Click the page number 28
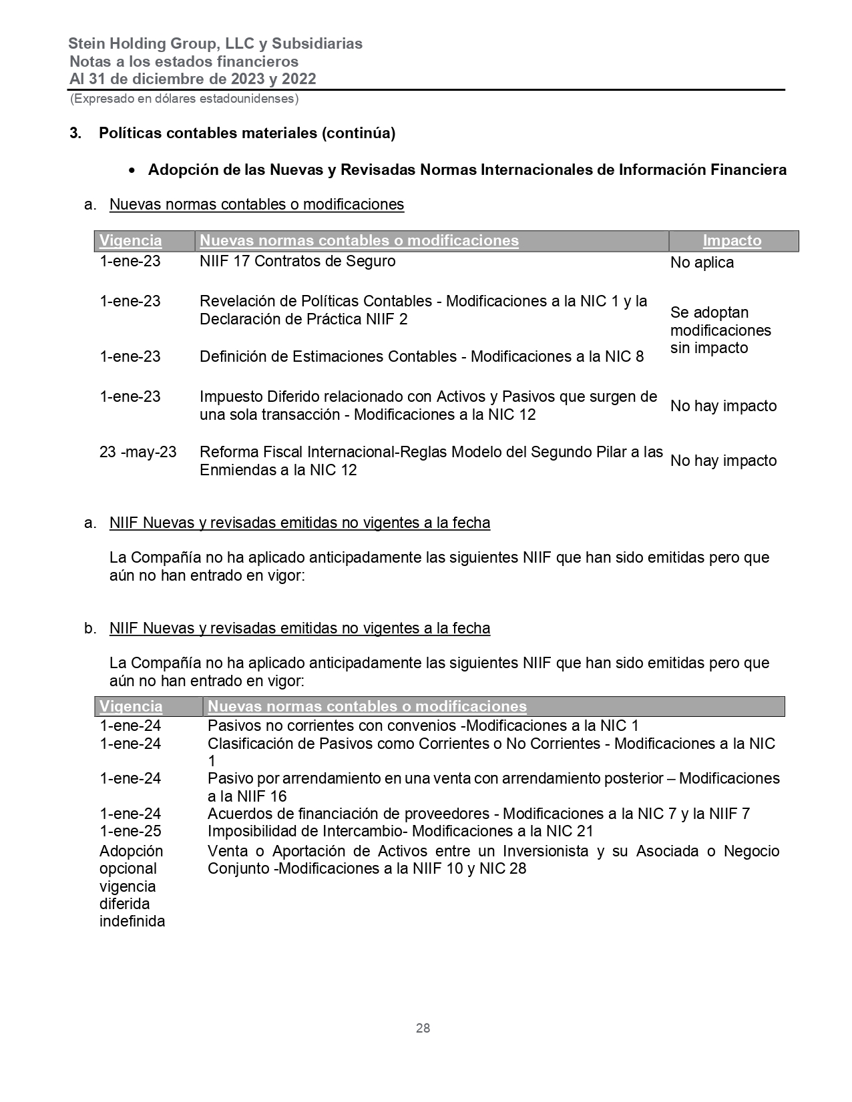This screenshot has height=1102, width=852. click(x=423, y=1028)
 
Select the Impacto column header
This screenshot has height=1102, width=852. click(x=732, y=241)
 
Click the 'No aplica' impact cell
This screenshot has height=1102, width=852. click(x=702, y=263)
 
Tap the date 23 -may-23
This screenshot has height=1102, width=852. click(x=138, y=453)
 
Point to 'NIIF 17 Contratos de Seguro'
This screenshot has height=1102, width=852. click(x=297, y=261)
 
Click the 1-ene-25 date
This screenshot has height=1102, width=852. click(x=130, y=831)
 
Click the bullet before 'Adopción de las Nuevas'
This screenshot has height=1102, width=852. click(x=134, y=171)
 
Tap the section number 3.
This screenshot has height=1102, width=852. click(x=75, y=133)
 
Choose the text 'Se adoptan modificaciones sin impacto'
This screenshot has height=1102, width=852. click(x=720, y=330)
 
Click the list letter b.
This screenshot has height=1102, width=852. click(x=89, y=629)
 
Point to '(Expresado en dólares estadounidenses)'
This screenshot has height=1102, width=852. click(x=184, y=99)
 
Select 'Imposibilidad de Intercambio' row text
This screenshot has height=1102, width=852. click(x=400, y=831)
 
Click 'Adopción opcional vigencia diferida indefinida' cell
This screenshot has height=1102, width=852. click(x=132, y=886)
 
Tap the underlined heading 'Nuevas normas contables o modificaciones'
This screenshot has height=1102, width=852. click(x=256, y=204)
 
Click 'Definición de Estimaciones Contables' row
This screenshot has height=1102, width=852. click(x=421, y=356)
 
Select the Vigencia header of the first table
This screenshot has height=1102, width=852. click(x=131, y=241)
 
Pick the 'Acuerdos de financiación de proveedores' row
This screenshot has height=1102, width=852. click(x=478, y=814)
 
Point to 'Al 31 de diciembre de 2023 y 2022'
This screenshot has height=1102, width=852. click(x=193, y=79)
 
